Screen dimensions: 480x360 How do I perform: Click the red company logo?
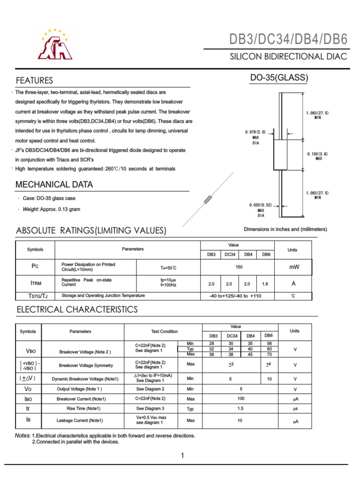point(55,45)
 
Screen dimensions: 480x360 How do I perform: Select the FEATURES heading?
point(34,80)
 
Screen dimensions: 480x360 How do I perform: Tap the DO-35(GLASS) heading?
point(279,78)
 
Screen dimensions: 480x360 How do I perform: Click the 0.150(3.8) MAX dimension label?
point(318,156)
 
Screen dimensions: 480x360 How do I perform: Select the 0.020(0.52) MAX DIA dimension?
point(261,210)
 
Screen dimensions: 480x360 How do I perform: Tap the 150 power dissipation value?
point(239,266)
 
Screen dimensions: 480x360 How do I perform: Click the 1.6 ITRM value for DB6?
point(266,284)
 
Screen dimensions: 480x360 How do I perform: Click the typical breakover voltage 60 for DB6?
point(269,349)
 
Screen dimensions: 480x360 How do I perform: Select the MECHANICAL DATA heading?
point(54,185)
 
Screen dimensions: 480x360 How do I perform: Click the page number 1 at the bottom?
point(182,455)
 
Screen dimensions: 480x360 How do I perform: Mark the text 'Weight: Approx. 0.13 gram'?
point(51,209)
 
